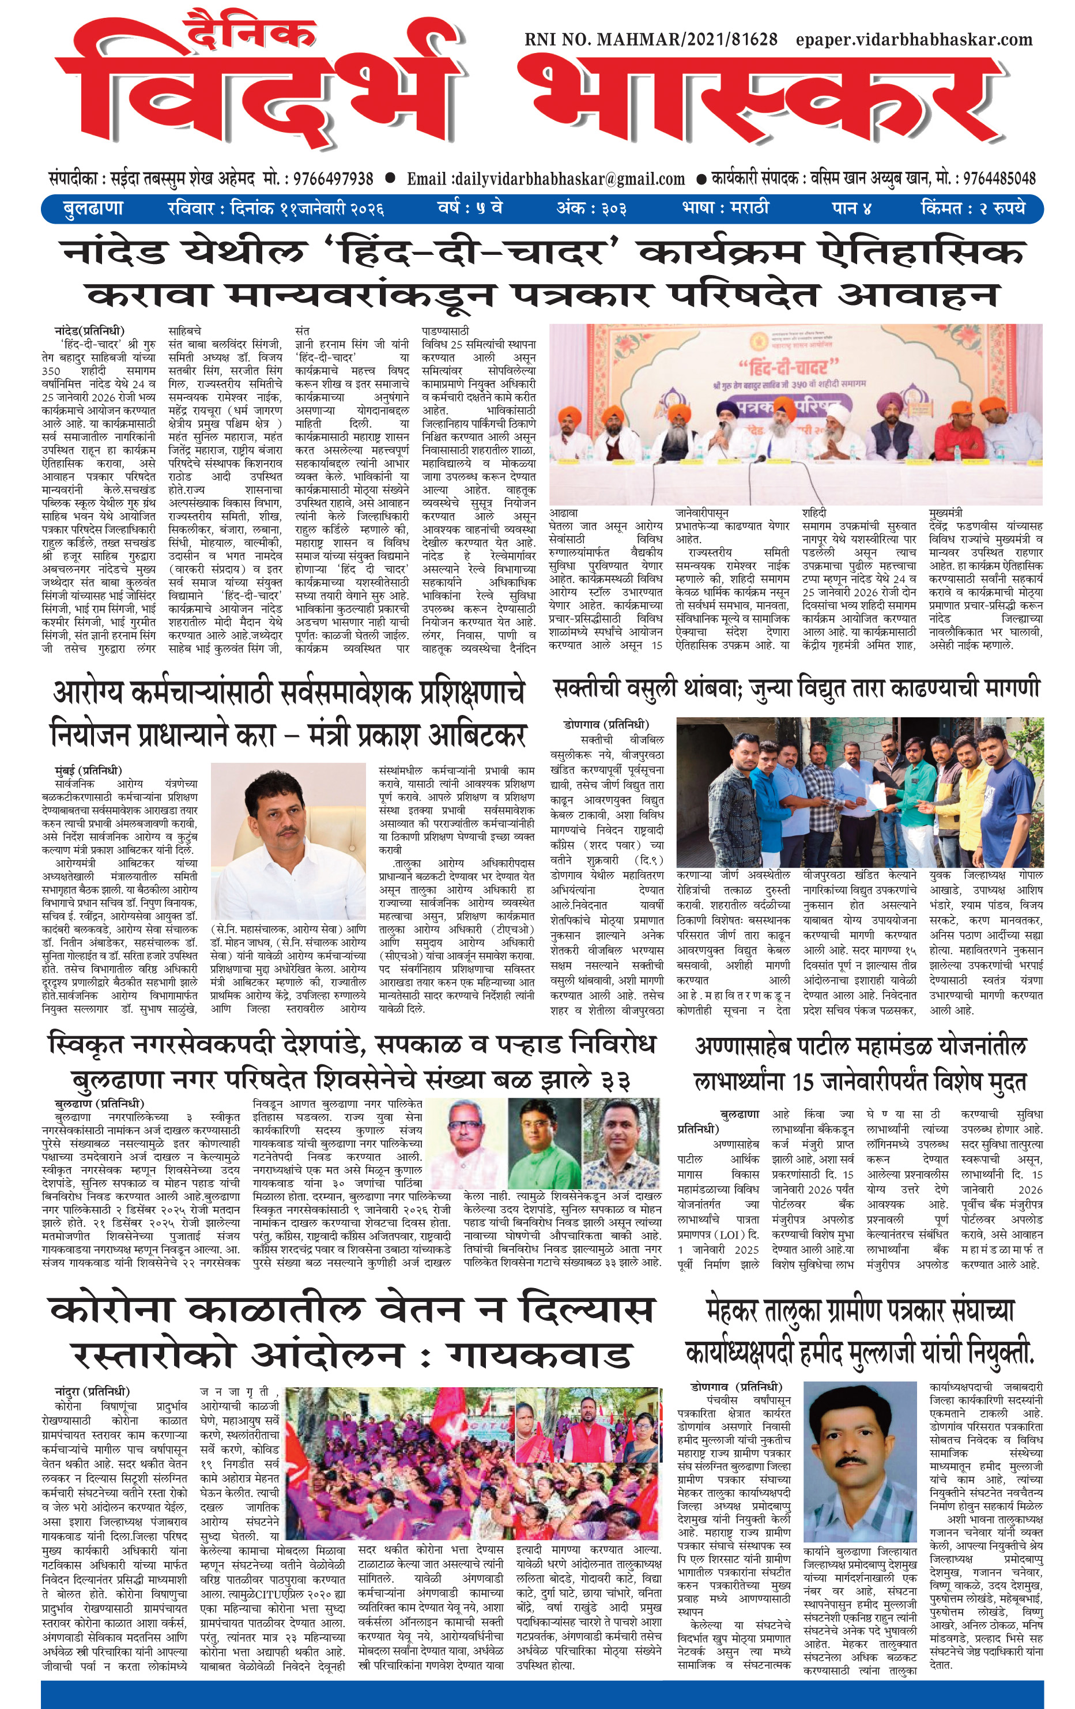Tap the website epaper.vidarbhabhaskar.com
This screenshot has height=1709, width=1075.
pos(914,40)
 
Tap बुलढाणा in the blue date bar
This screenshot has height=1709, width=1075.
pos(93,209)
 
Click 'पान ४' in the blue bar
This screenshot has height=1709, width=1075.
pos(851,209)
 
